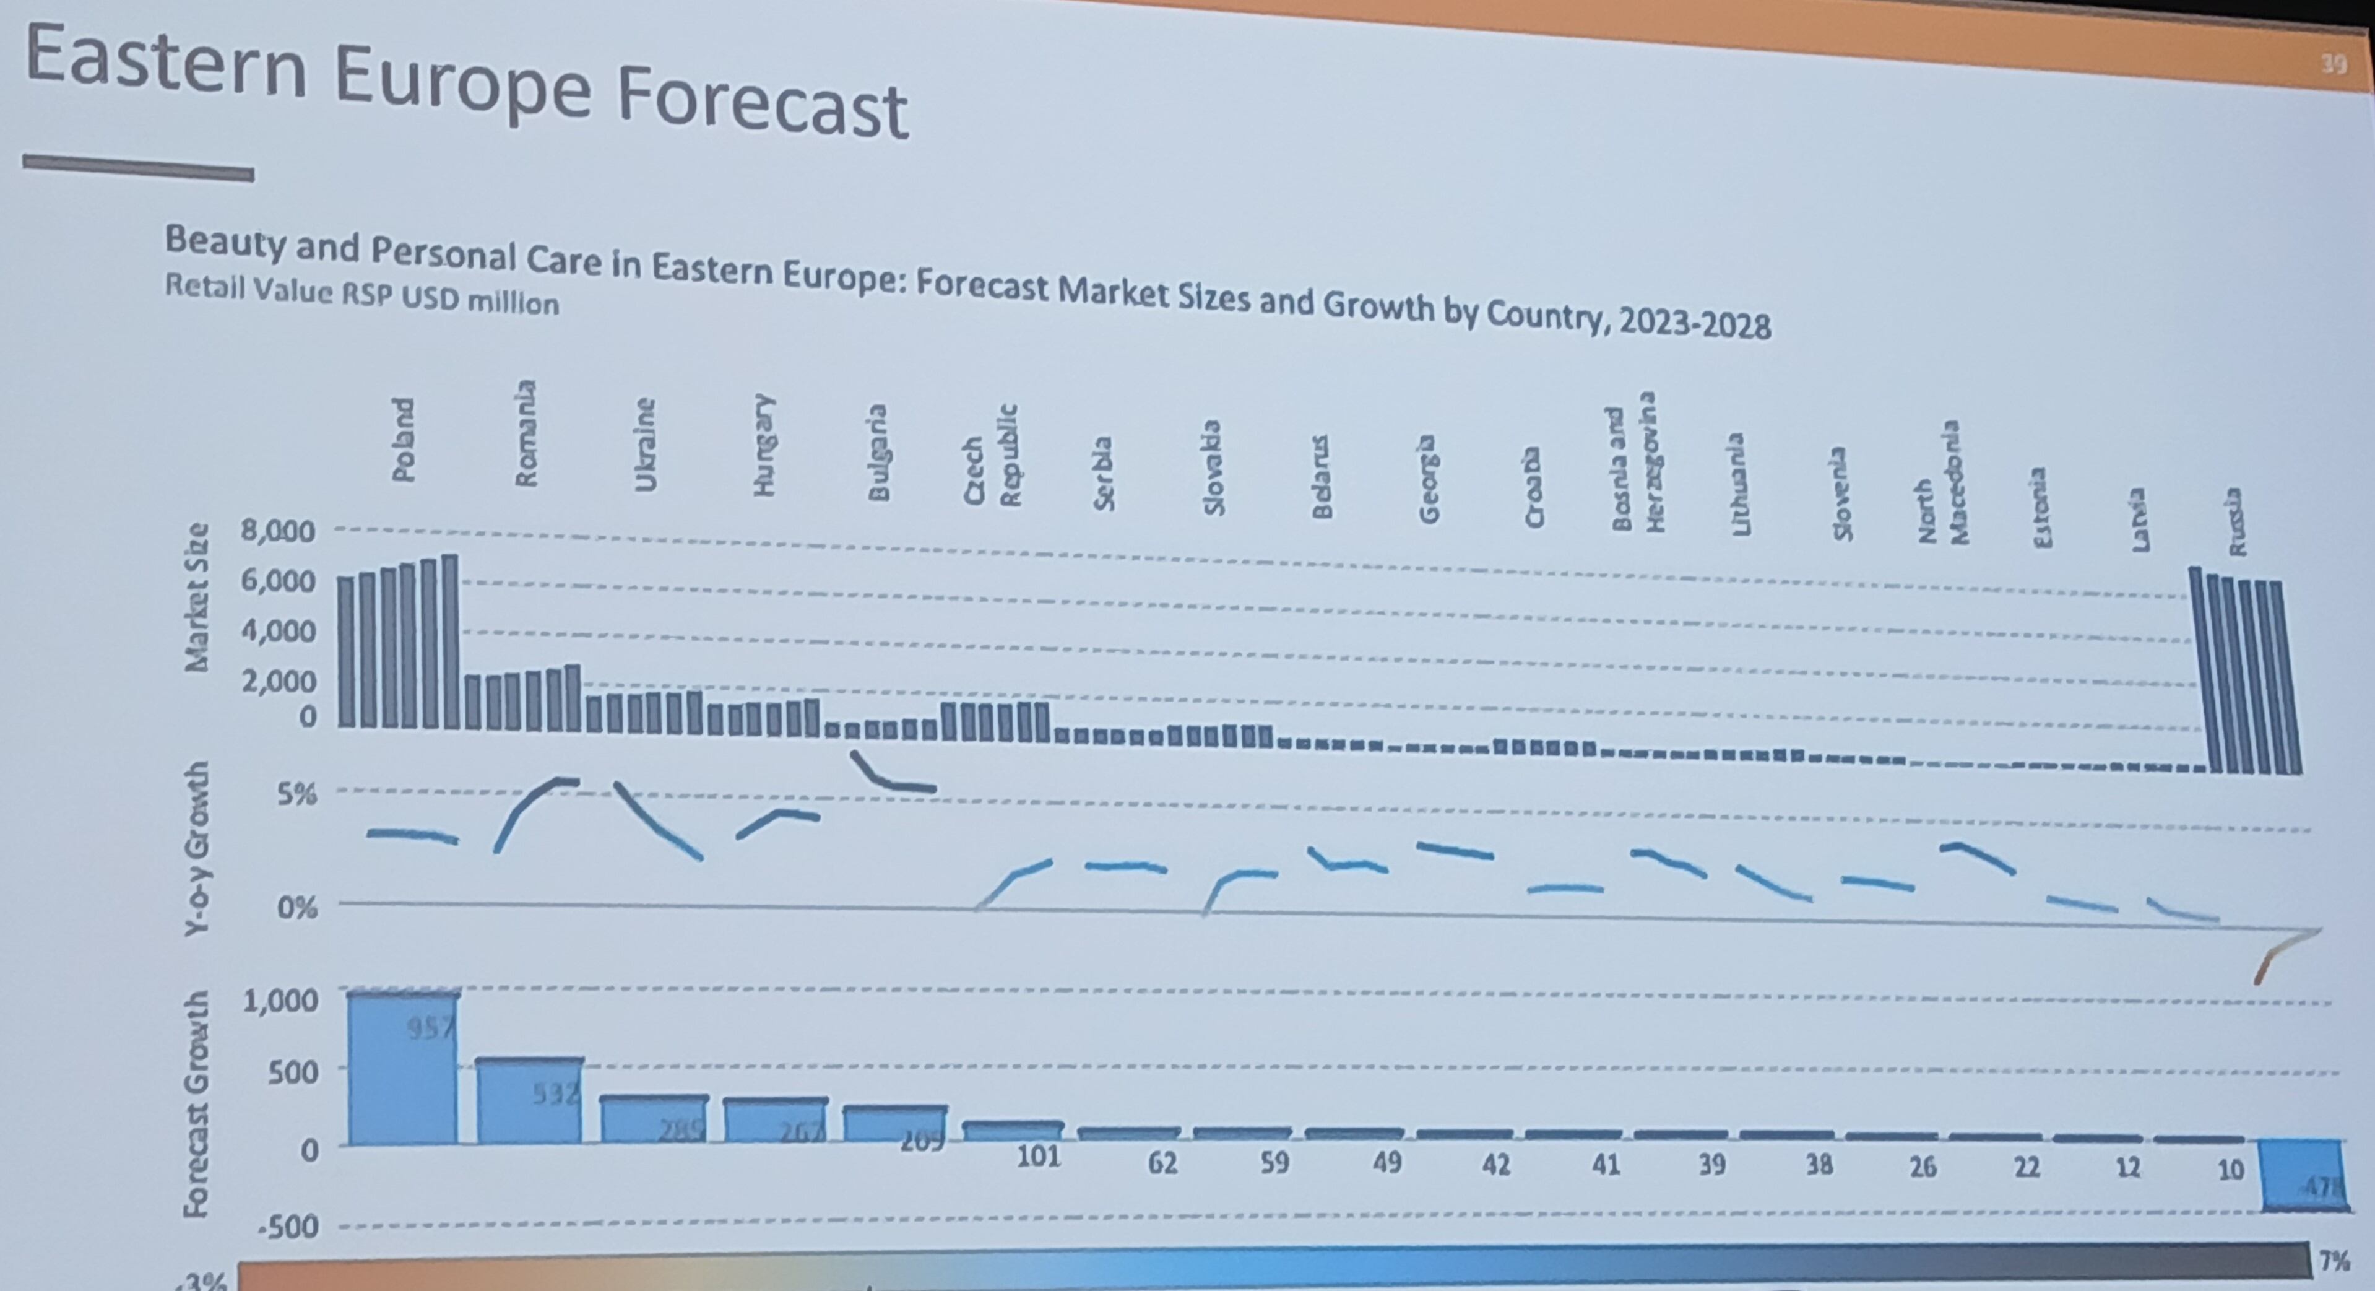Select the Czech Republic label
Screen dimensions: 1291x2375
(x=991, y=456)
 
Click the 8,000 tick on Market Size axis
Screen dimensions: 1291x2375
(x=277, y=531)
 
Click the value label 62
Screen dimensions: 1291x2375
(x=1162, y=1163)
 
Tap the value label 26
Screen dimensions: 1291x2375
(x=1923, y=1167)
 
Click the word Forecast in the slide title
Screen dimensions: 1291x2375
(x=761, y=105)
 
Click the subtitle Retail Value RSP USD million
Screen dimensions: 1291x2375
(x=361, y=295)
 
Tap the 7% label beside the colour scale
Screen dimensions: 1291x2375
(x=2334, y=1259)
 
